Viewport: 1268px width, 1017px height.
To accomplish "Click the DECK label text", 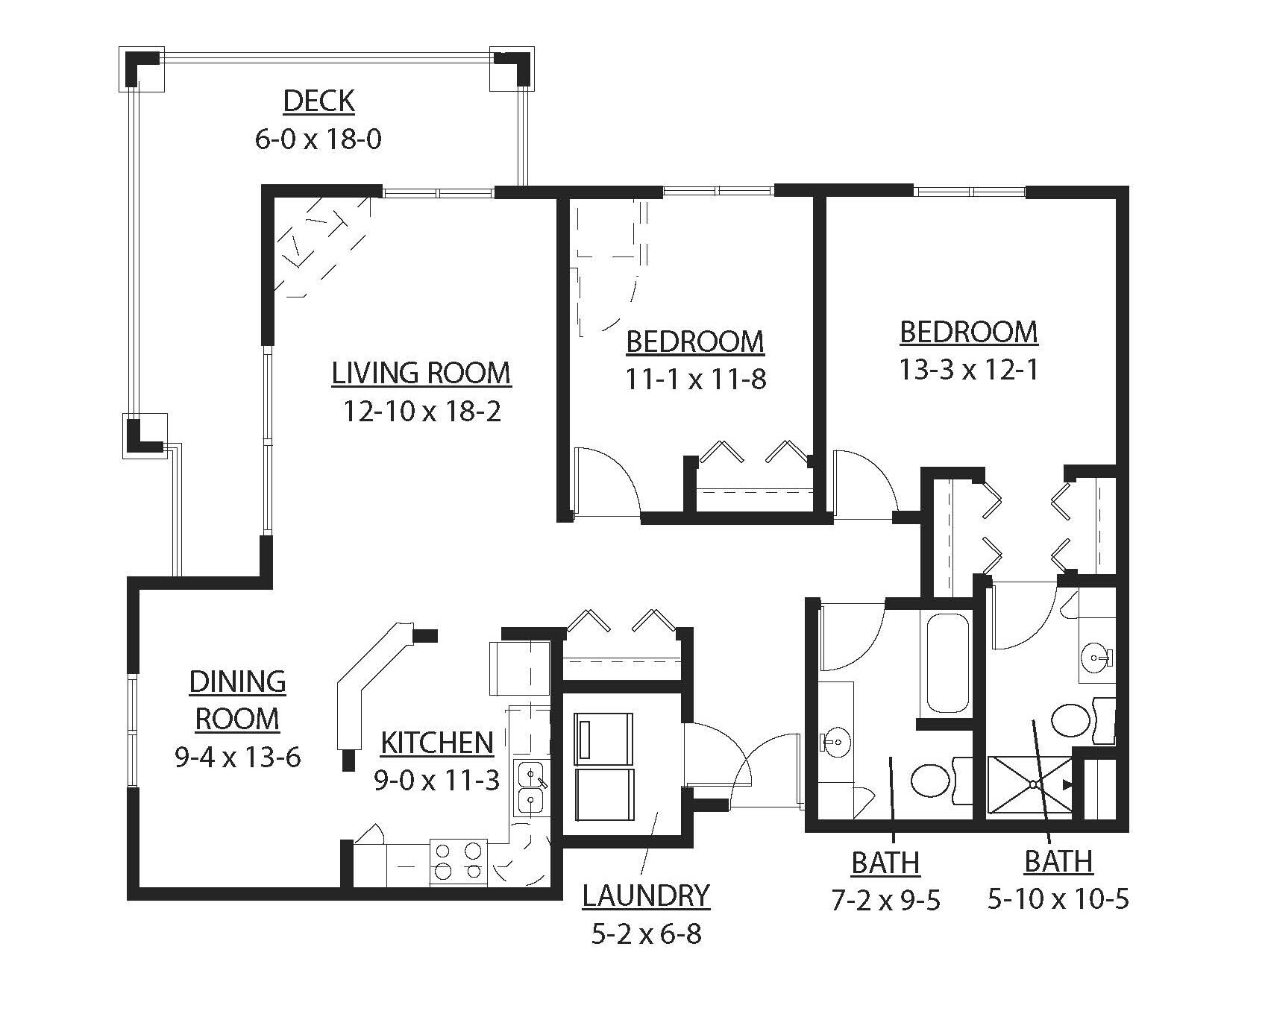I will coord(318,101).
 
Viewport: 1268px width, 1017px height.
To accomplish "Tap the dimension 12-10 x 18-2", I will coord(421,411).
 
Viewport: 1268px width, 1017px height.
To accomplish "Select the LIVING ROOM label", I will coord(421,373).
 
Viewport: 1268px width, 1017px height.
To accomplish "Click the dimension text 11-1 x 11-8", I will coord(695,380).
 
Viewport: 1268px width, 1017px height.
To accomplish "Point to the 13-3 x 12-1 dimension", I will coord(968,370).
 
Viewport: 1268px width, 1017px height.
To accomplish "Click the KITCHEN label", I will coord(437,743).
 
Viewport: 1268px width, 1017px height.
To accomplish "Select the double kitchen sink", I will coord(530,787).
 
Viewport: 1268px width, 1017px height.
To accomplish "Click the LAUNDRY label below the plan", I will coord(646,895).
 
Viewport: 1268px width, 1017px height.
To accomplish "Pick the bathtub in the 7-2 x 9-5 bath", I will coord(947,663).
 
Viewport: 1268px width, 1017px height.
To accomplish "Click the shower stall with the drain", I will coord(1031,784).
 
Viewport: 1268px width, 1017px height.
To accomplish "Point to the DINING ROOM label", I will coord(237,700).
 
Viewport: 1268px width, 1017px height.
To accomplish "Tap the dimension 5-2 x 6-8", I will coord(646,933).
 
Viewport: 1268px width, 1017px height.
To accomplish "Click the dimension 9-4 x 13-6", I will coord(237,758).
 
